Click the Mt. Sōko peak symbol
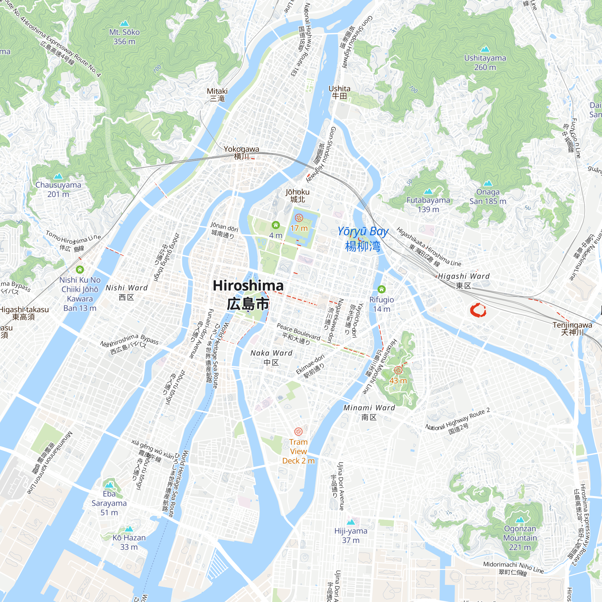[x=124, y=23]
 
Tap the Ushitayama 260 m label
[x=485, y=62]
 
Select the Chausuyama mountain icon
[x=58, y=176]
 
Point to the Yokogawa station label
[x=241, y=152]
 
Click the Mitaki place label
[x=217, y=95]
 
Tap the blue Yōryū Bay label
[x=363, y=239]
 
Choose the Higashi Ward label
[x=464, y=281]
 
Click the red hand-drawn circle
[x=478, y=310]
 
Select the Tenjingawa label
[x=573, y=328]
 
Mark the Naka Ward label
[x=272, y=357]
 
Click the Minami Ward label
[x=369, y=412]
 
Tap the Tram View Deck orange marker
[x=299, y=432]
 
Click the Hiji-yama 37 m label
[x=351, y=535]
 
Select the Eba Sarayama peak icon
[x=109, y=485]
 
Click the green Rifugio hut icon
[x=381, y=289]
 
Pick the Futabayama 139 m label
[x=428, y=204]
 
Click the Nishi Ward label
[x=126, y=292]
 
